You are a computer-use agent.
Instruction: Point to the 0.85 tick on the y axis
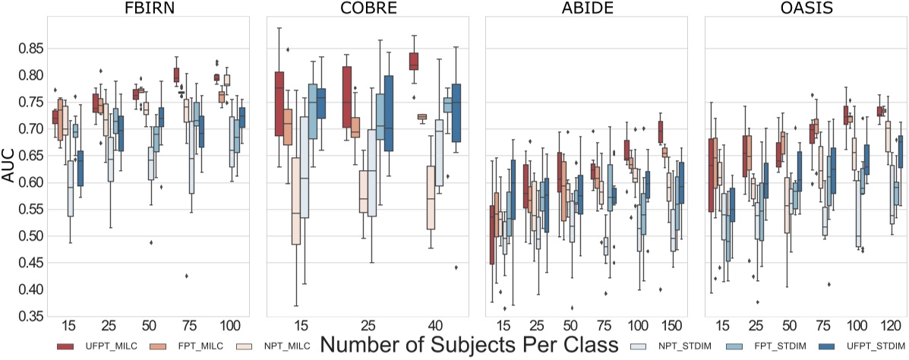[28, 49]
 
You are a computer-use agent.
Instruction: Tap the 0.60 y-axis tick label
[28, 182]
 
